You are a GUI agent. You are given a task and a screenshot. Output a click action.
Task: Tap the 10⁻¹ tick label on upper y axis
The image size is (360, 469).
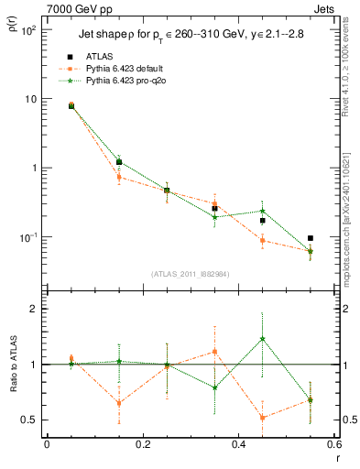pyautogui.click(x=27, y=237)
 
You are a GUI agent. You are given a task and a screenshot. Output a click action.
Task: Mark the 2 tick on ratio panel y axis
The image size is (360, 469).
pyautogui.click(x=34, y=310)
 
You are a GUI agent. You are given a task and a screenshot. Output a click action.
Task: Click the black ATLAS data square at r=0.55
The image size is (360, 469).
pyautogui.click(x=311, y=238)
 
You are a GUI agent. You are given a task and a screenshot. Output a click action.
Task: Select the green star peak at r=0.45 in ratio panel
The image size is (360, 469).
pyautogui.click(x=263, y=339)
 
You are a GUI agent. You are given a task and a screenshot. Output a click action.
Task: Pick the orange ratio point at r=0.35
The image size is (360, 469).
pyautogui.click(x=214, y=351)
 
